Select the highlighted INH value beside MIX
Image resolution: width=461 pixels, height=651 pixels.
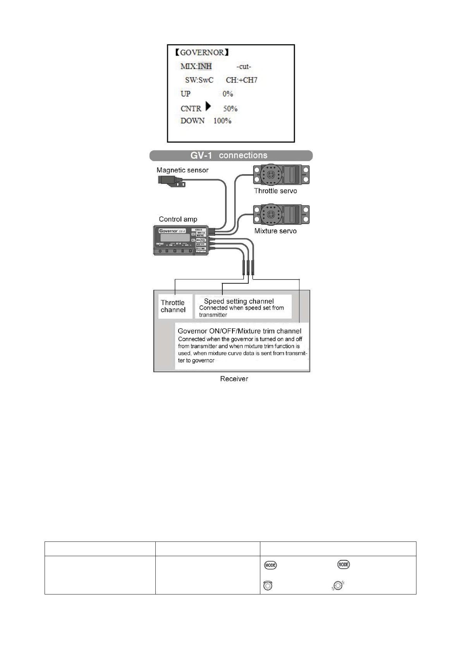click(x=205, y=66)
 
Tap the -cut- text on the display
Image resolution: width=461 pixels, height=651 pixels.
click(x=244, y=67)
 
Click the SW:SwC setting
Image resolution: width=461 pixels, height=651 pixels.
click(x=199, y=80)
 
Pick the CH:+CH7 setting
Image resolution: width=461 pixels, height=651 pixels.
click(x=241, y=80)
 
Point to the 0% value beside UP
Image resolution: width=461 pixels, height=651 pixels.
click(x=228, y=94)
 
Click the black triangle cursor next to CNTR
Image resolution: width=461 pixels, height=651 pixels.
click(x=208, y=106)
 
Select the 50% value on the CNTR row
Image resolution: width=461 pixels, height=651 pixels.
click(x=230, y=109)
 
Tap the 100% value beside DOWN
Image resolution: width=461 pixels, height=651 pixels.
click(x=222, y=121)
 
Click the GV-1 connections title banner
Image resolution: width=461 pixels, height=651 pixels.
click(x=231, y=156)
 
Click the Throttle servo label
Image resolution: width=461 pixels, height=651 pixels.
click(x=275, y=191)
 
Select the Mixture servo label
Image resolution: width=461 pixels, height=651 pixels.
click(x=275, y=231)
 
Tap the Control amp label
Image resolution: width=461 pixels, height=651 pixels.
click(x=178, y=219)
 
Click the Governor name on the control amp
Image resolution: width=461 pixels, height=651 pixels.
click(x=169, y=231)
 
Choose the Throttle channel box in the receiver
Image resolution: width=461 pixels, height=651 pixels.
click(x=173, y=306)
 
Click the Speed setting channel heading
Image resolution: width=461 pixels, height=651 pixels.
click(x=239, y=301)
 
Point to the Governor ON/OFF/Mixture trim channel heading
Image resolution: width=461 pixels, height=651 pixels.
click(x=239, y=331)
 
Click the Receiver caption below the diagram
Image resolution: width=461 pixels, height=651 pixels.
click(x=234, y=379)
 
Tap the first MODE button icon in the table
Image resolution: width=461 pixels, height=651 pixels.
click(x=270, y=565)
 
